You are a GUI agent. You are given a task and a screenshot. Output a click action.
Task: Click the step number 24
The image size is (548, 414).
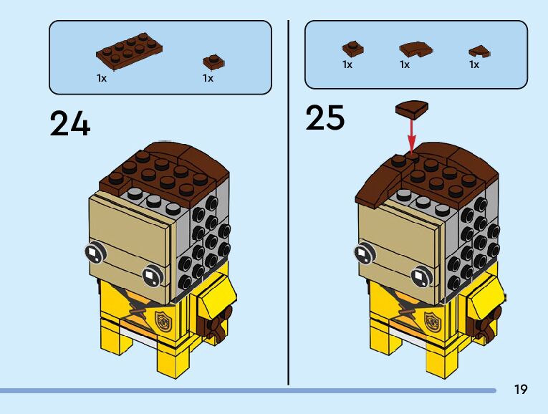(70, 123)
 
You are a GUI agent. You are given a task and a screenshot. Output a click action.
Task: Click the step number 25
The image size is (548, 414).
(325, 117)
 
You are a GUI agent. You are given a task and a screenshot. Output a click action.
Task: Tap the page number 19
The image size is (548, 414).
(521, 389)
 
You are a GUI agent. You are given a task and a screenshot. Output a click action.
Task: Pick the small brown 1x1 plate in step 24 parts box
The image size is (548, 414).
(211, 61)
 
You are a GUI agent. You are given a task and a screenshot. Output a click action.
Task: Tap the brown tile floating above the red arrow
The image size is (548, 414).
(411, 108)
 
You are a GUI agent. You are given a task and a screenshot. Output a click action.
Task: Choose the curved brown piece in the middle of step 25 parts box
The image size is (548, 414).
(415, 49)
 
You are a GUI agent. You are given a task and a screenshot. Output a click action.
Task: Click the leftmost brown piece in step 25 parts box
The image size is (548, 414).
(352, 49)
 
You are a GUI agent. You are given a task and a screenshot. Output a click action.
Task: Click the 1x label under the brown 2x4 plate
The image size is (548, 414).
(102, 78)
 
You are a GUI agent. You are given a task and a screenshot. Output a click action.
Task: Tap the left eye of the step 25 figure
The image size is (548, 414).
(362, 254)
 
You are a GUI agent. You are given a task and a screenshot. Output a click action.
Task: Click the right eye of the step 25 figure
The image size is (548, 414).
(421, 276)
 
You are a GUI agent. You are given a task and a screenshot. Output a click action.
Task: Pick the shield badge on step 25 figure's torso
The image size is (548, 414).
(431, 319)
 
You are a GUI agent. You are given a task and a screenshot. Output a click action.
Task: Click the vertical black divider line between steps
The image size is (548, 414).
(289, 201)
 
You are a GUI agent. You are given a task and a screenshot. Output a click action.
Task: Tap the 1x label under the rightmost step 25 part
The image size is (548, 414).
(474, 64)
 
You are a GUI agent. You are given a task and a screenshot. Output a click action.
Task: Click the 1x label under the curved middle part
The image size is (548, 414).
(405, 64)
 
